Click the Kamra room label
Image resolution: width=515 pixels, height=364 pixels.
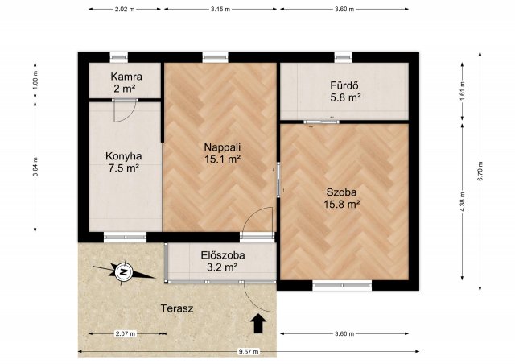pos(126,77)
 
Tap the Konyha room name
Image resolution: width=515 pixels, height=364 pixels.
pos(123,156)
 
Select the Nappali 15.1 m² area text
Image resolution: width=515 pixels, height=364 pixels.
pos(223,159)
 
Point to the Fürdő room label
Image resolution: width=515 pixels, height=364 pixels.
pos(344,86)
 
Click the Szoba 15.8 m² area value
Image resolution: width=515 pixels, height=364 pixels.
pos(341,205)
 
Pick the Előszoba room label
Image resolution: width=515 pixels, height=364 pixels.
pos(223,255)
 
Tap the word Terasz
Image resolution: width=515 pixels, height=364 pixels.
pos(177,308)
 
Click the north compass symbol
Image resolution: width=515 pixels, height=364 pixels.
pos(123,271)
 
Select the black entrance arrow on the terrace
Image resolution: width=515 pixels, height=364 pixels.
pos(258,324)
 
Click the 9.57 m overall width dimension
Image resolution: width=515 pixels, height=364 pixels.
pos(249,351)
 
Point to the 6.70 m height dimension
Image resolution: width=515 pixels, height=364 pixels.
pos(480,172)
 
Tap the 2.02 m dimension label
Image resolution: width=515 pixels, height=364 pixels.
pos(125,9)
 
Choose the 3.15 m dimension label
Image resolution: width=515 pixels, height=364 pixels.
pos(220,9)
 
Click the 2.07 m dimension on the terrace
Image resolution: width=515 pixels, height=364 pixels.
pos(126,333)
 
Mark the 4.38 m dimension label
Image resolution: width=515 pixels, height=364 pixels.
pos(463,202)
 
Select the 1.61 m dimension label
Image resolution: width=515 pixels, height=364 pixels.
pos(463,91)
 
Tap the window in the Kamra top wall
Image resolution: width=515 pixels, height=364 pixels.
pos(118,57)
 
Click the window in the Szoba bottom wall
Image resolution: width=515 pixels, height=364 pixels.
pos(342,285)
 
